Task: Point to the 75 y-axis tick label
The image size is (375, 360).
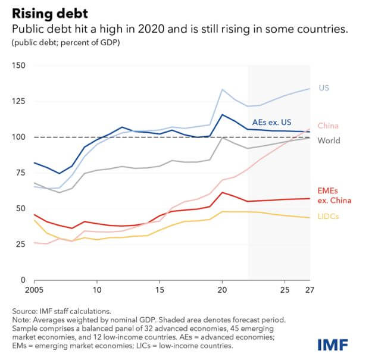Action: coord(20,173)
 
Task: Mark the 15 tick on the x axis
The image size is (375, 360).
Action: coord(160,290)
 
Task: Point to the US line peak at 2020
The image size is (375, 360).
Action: coord(222,89)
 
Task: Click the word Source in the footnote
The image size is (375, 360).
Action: coord(27,311)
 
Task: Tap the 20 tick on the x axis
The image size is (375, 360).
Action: coord(221,290)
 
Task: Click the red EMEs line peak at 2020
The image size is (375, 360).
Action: coord(222,192)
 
